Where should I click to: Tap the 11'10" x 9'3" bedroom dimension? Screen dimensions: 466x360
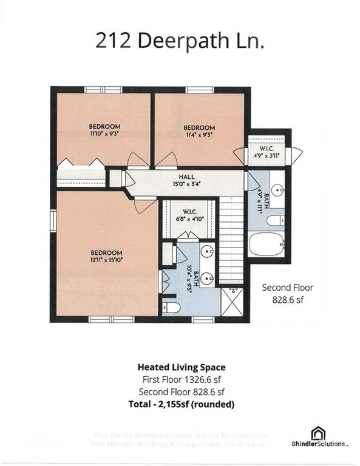pos(100,135)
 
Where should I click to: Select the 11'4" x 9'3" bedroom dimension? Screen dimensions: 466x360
pos(199,135)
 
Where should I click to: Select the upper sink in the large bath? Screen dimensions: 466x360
pos(208,251)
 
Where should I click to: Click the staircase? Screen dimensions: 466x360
pos(230,242)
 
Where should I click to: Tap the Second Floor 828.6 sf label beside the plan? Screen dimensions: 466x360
pos(287,294)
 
